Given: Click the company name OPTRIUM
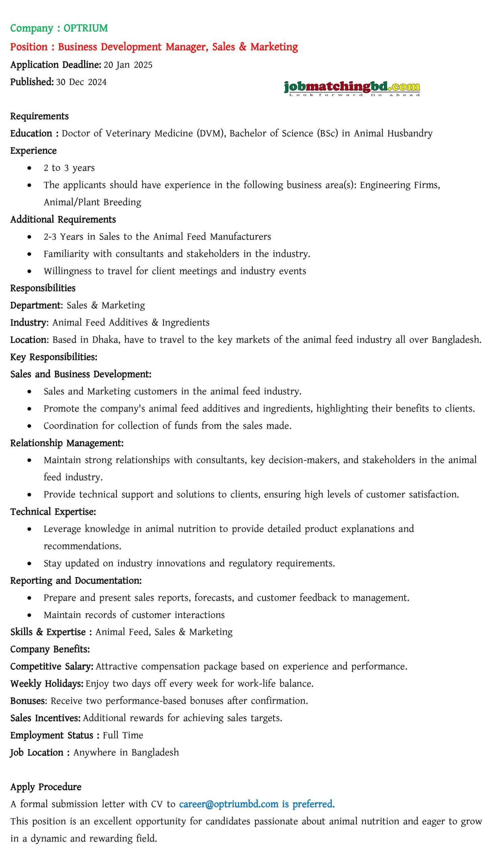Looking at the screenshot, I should (85, 28).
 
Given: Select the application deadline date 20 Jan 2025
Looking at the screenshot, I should (128, 65).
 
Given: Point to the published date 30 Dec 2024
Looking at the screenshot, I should (81, 82).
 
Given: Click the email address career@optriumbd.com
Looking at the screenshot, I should (229, 804).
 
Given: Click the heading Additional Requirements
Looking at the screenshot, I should (63, 219).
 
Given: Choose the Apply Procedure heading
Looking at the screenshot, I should (46, 787).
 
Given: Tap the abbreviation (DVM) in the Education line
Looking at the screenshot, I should (211, 133).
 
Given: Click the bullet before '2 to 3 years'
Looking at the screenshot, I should (30, 168).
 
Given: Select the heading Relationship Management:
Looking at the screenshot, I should (67, 443).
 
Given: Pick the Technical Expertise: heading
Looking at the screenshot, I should (53, 511).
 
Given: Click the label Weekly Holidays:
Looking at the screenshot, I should (47, 684).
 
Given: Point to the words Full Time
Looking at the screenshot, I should (123, 735).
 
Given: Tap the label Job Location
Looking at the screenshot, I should (37, 752).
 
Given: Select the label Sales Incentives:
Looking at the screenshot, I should (45, 718).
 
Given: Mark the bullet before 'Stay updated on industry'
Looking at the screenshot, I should (30, 564).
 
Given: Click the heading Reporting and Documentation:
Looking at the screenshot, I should (76, 580).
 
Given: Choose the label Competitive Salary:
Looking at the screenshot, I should (52, 666).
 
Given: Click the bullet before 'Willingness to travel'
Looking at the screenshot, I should (30, 271).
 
